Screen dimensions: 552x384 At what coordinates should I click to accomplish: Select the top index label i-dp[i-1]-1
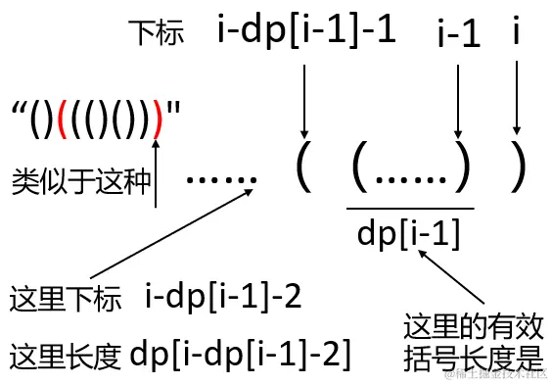click(306, 30)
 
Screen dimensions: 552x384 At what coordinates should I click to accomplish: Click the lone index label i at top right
click(516, 32)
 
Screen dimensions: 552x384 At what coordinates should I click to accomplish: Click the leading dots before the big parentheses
click(221, 178)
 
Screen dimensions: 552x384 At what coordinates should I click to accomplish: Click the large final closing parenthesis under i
click(519, 173)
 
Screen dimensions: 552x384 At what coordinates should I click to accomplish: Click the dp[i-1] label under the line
click(410, 232)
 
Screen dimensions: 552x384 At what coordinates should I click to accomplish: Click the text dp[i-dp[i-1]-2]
click(240, 351)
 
